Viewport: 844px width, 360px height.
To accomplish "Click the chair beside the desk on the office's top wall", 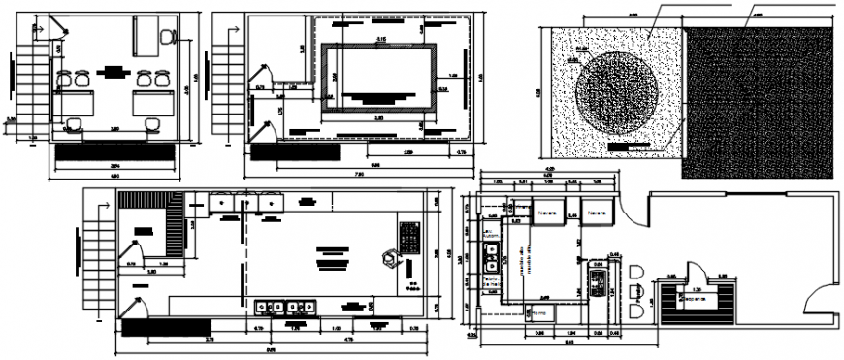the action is coord(169,36).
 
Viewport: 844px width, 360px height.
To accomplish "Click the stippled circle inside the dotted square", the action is coord(617,95).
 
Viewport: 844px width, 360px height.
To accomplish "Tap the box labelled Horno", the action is coord(536,313).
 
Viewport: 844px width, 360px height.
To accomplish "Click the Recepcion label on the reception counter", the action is coord(697,299).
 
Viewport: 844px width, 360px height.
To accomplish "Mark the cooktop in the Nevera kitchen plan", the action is coord(597,282).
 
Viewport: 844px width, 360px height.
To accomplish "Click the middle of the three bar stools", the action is coord(635,291).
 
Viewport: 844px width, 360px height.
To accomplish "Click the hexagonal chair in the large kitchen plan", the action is coord(389,257).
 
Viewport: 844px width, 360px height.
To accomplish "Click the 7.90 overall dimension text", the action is coord(358,175).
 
